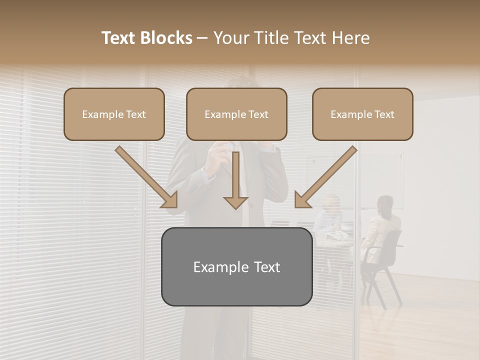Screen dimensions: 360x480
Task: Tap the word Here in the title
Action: [x=350, y=38]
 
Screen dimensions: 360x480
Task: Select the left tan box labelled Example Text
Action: [x=114, y=114]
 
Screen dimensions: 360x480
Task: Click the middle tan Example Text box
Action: [x=236, y=114]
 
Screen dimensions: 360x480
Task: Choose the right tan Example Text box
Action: [x=362, y=114]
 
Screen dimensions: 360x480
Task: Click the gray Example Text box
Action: [x=236, y=266]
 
